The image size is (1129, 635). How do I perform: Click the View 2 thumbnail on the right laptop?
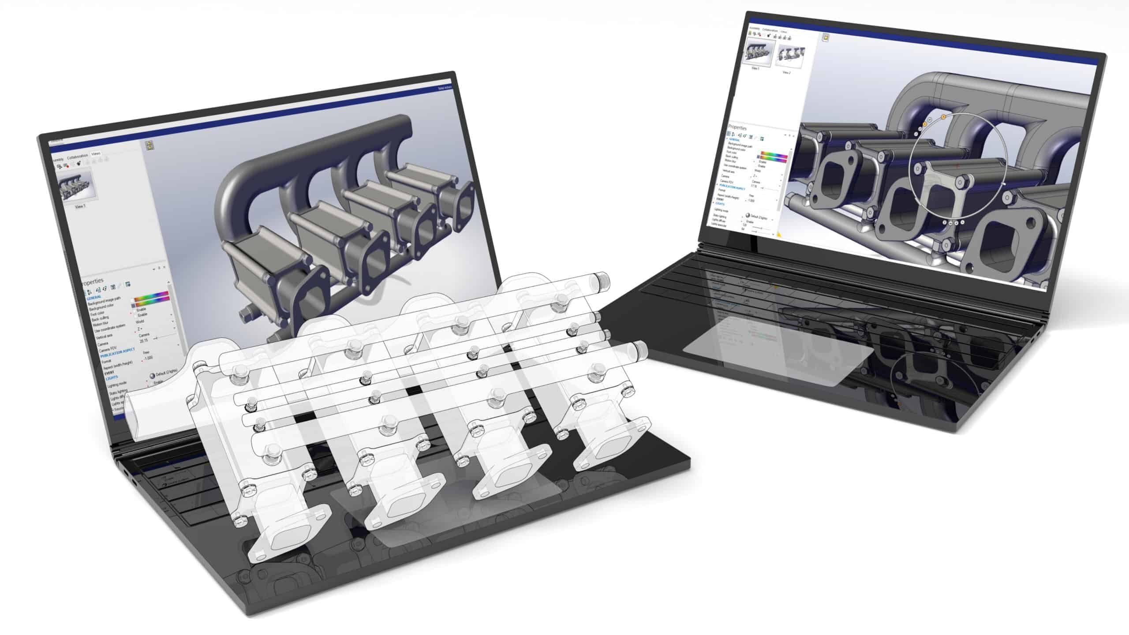click(788, 56)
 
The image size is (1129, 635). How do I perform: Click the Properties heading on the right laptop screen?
click(737, 127)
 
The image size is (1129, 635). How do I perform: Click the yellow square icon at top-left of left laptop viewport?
click(149, 145)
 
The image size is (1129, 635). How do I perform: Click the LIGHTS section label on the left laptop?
click(112, 378)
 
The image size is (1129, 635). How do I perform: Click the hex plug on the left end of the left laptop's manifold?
click(245, 316)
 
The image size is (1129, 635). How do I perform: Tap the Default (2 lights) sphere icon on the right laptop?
click(748, 216)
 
